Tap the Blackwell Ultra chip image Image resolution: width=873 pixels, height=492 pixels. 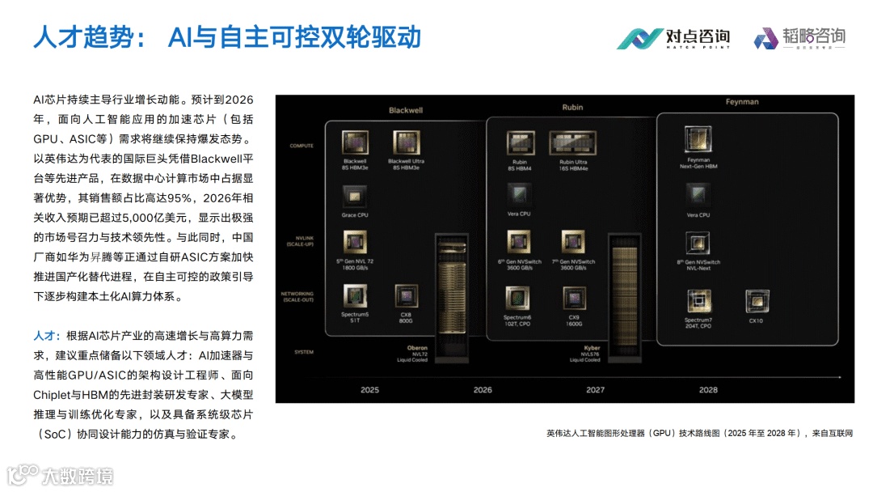[407, 142]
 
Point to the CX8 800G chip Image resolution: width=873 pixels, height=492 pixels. [406, 296]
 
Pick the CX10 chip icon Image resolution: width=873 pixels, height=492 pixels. [756, 301]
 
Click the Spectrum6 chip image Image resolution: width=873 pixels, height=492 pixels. [517, 298]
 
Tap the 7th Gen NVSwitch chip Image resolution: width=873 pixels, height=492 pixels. [573, 242]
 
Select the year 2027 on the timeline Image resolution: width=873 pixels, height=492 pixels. [595, 390]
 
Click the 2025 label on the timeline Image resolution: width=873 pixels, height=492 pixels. [369, 390]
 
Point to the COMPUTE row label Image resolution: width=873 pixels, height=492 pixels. [302, 146]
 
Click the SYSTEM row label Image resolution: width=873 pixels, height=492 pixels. [303, 352]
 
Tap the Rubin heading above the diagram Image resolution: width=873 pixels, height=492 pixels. [572, 108]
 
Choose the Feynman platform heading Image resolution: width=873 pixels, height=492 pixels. [741, 102]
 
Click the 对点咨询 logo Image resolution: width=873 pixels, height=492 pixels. [673, 37]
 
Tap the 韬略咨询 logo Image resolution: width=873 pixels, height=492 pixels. [799, 37]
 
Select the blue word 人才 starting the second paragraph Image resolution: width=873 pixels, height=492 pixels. [44, 335]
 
